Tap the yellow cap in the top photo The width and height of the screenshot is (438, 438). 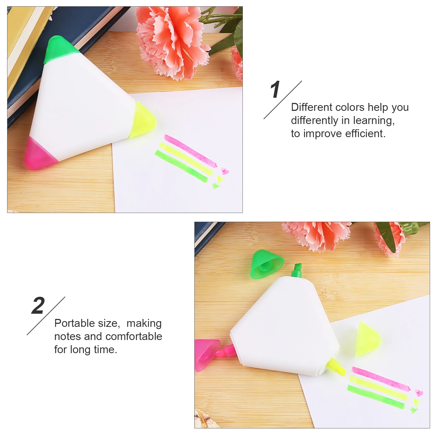pos(143,120)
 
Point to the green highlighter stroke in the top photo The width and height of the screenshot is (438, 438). pos(181,166)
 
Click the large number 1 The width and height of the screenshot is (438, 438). pos(275,90)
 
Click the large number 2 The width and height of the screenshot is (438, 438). pos(38,306)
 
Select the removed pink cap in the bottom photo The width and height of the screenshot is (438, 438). pos(206,355)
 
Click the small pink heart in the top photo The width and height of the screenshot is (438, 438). pos(225,171)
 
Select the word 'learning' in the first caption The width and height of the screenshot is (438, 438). pos(373,120)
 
